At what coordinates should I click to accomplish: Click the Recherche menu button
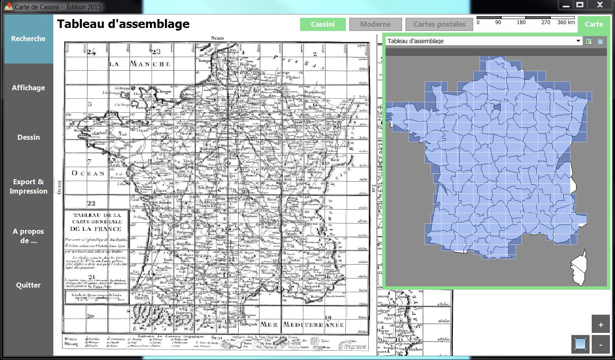tap(28, 39)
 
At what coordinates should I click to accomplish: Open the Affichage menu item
tap(28, 88)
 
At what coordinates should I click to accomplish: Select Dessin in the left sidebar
tap(28, 137)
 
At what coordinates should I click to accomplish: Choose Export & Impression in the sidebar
tap(28, 186)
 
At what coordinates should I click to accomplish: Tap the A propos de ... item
tap(28, 236)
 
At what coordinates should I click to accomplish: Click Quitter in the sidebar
tap(28, 285)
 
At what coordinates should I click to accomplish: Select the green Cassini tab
tap(323, 24)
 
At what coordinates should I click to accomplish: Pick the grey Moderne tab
tap(375, 24)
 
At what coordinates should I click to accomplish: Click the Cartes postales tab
tap(439, 24)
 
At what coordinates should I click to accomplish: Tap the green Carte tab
tap(594, 24)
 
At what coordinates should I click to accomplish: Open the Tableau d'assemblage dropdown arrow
tap(579, 41)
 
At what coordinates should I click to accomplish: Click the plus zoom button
tap(601, 325)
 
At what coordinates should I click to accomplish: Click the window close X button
tap(600, 5)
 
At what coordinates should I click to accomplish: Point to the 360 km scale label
tap(566, 22)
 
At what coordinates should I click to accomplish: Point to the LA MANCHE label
tap(140, 64)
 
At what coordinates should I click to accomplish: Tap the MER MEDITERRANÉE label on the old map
tap(302, 325)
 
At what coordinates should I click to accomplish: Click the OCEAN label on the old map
tap(88, 173)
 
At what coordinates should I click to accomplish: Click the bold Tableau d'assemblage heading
tap(123, 24)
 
